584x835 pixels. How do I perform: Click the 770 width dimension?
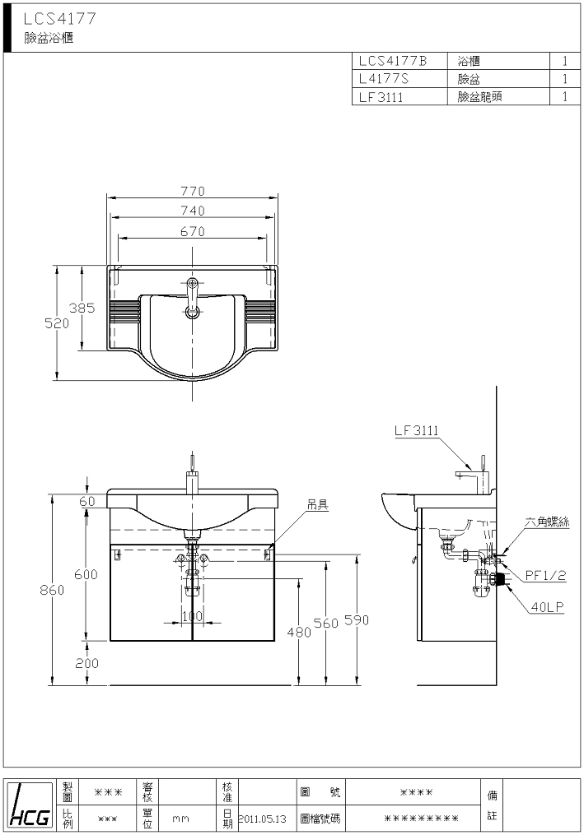[193, 191]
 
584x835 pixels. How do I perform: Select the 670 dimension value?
[193, 232]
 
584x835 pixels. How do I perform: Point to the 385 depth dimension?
[82, 308]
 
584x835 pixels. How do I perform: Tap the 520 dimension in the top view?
[57, 323]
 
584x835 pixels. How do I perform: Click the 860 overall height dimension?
[52, 590]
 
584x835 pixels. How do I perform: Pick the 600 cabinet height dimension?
[86, 574]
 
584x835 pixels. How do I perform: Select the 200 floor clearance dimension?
[87, 663]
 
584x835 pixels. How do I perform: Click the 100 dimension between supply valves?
[193, 616]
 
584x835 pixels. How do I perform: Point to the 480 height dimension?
[299, 632]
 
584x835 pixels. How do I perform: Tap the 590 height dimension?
[357, 619]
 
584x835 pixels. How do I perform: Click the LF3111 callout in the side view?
[417, 430]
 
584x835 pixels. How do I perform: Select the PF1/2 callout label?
[545, 575]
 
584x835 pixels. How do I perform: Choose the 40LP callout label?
[547, 606]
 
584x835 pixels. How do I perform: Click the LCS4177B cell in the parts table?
[393, 61]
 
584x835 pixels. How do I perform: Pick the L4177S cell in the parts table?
[384, 79]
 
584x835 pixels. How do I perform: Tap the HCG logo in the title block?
[30, 804]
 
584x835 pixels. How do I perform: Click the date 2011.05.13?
[263, 819]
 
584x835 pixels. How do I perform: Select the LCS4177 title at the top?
[60, 19]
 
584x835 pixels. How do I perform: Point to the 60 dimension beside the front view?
[87, 500]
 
